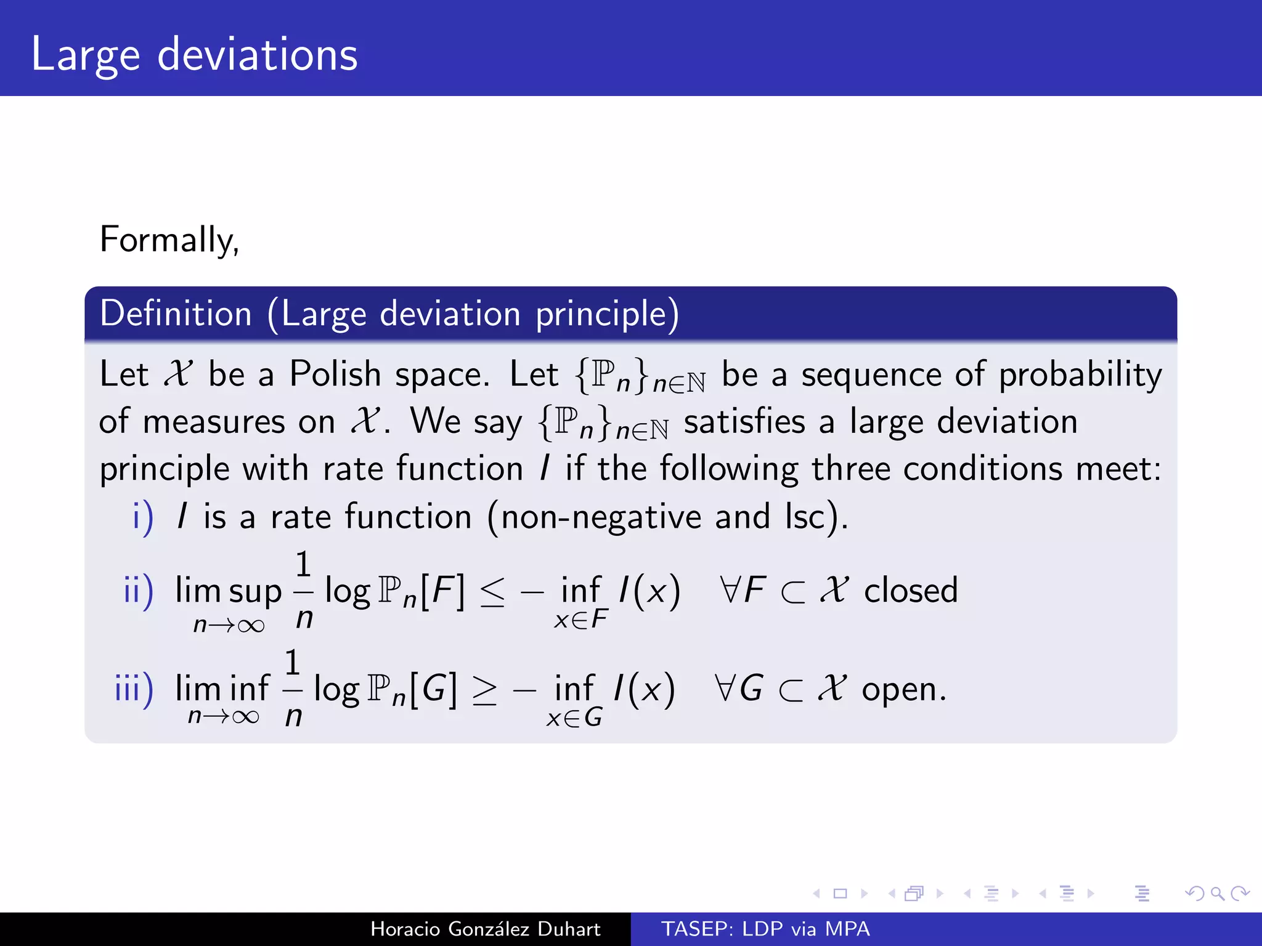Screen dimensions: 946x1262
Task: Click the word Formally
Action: click(169, 240)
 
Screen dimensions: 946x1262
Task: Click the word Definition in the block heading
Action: click(176, 313)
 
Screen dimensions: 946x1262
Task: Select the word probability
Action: click(1080, 374)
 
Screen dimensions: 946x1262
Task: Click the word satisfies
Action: click(744, 422)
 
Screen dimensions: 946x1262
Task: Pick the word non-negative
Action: click(601, 517)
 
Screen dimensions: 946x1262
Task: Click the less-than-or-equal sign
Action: click(492, 592)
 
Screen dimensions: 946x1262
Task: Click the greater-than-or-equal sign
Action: click(484, 691)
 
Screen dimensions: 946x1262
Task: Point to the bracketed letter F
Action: click(442, 591)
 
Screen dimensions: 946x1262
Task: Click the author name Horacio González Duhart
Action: click(485, 929)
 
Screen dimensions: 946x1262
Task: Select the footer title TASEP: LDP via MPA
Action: click(765, 929)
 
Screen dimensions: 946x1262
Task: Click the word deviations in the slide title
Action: click(257, 55)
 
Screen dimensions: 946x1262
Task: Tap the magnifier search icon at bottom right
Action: click(1217, 893)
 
